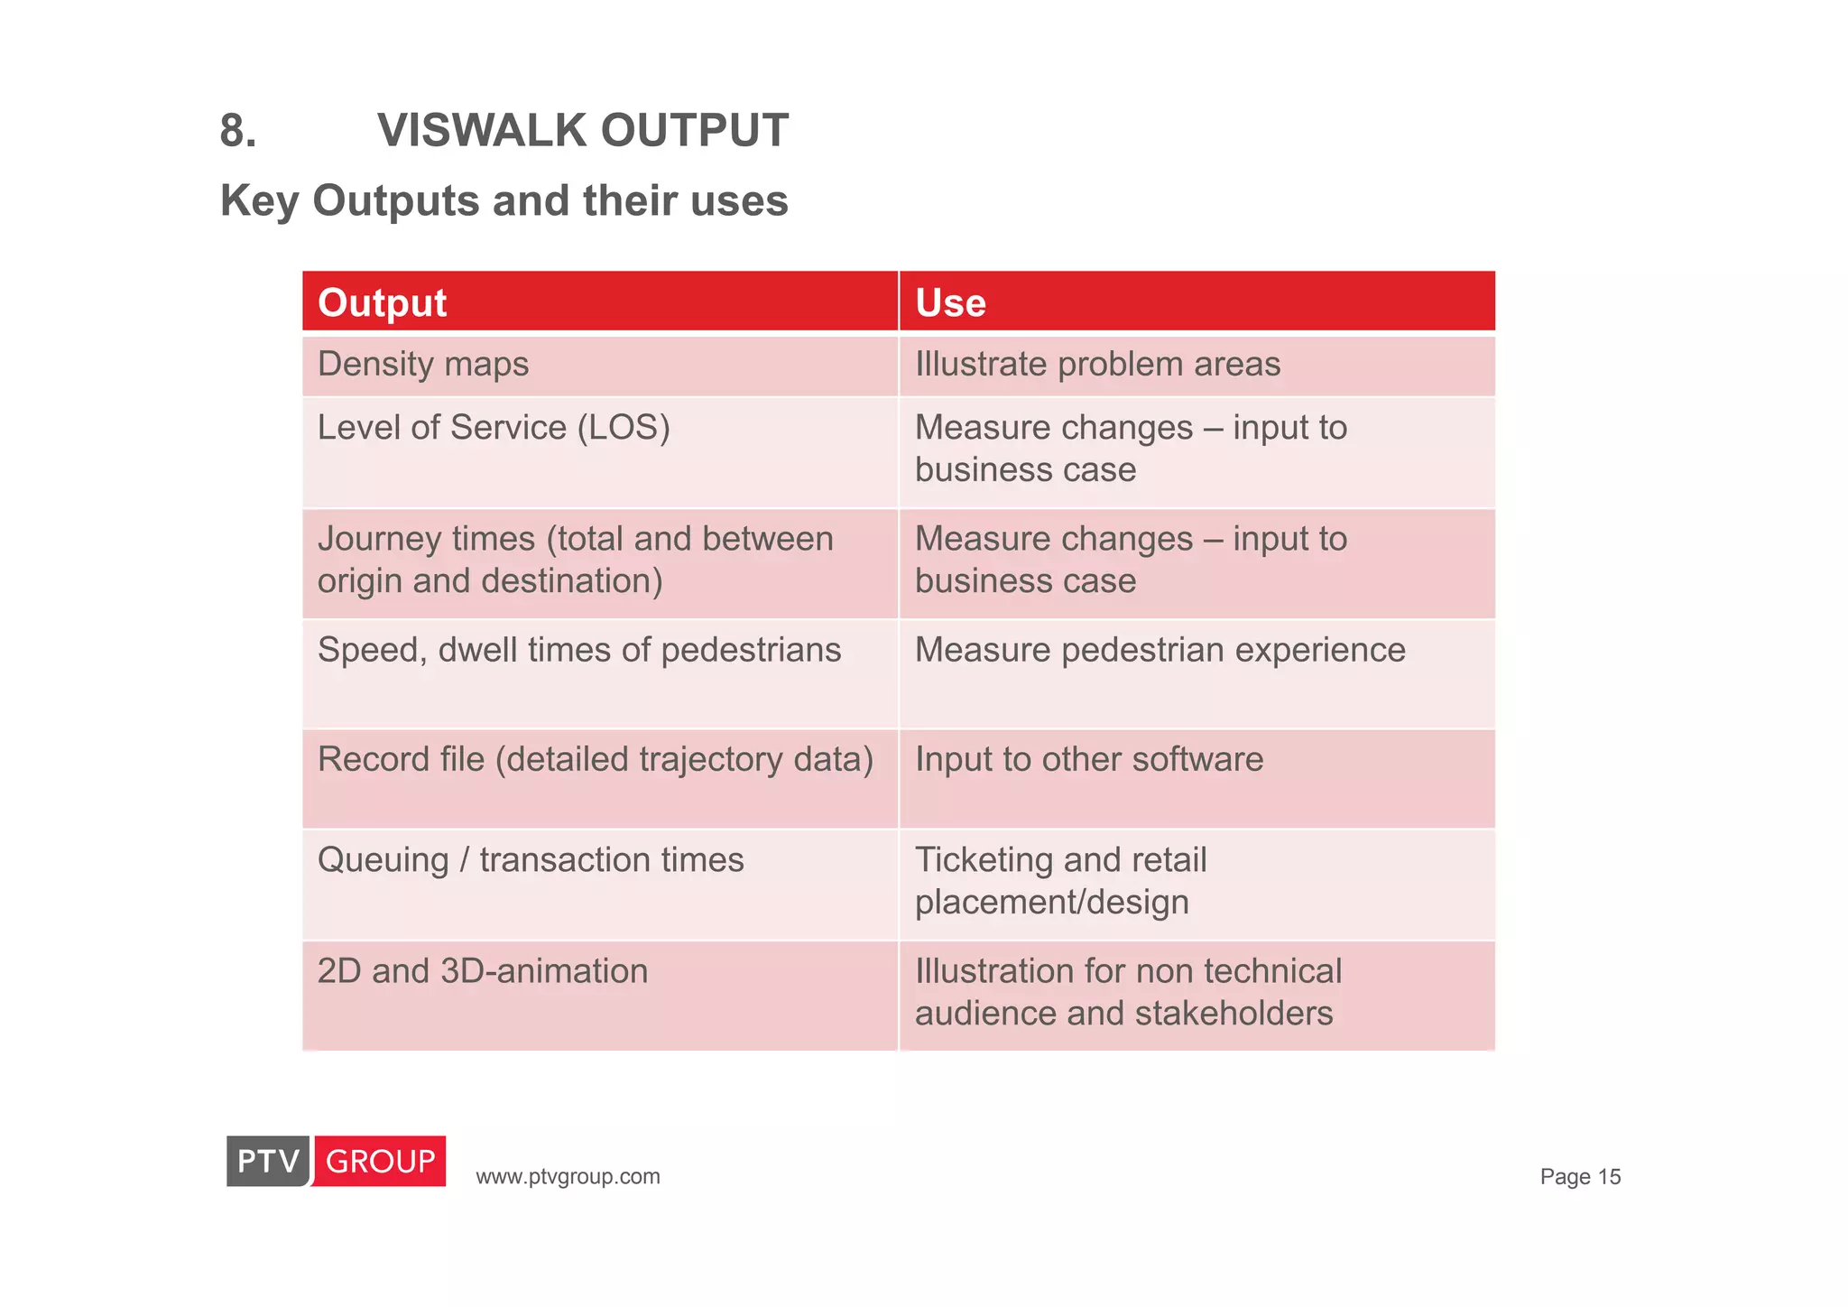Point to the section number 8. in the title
[x=238, y=132]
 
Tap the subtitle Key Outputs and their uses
[x=504, y=200]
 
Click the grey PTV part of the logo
[x=268, y=1161]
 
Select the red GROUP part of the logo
[x=380, y=1161]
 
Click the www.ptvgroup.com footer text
[x=568, y=1177]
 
